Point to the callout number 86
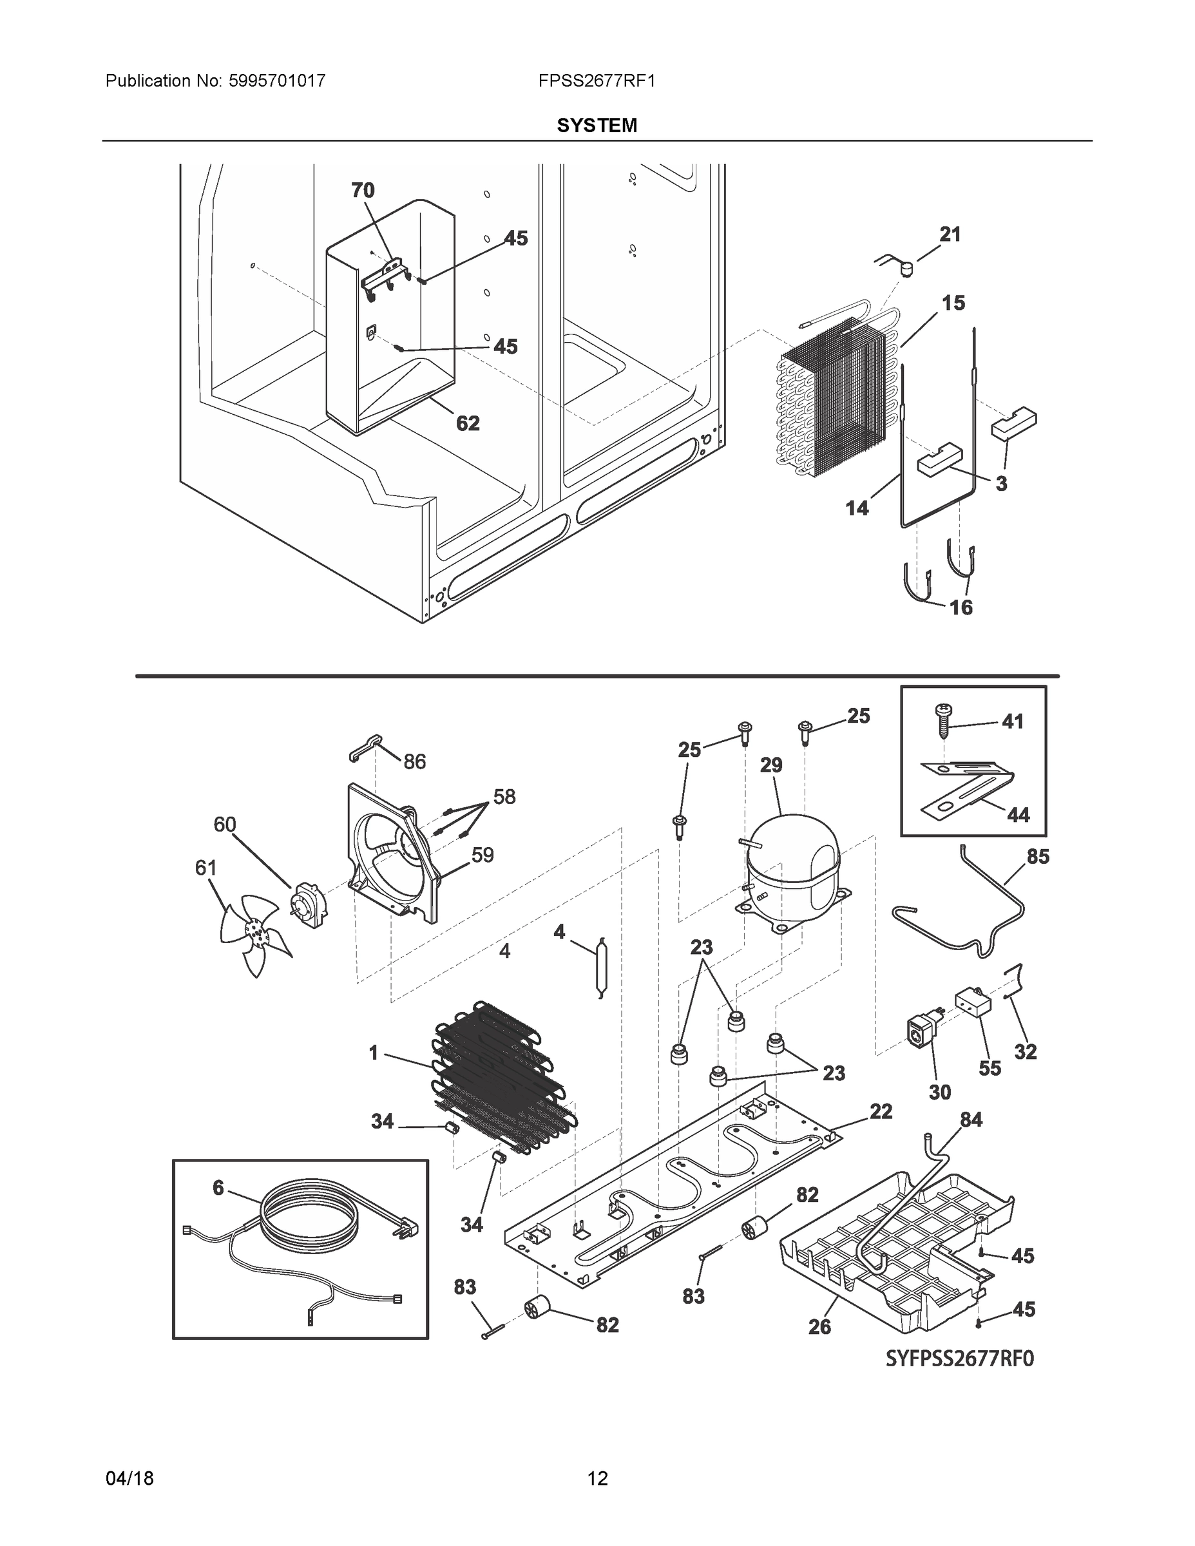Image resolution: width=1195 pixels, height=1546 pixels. click(x=415, y=761)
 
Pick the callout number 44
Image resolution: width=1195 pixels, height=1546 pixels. click(x=1018, y=815)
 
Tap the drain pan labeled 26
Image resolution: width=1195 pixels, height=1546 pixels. click(x=899, y=1246)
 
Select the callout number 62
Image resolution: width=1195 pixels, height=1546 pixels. click(x=468, y=423)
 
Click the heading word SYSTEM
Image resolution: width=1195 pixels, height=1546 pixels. click(x=597, y=126)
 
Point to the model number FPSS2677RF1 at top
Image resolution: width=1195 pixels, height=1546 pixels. click(x=596, y=81)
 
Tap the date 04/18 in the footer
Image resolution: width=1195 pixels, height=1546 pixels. click(x=129, y=1479)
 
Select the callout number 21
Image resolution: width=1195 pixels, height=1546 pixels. click(x=950, y=234)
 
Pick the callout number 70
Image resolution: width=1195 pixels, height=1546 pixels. click(x=363, y=191)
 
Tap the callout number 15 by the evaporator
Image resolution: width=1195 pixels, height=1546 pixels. click(x=953, y=303)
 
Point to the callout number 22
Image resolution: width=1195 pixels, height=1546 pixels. click(x=881, y=1111)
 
